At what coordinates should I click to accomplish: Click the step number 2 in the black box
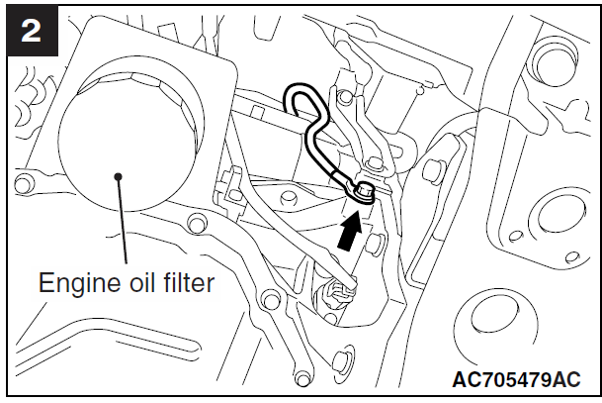pyautogui.click(x=30, y=30)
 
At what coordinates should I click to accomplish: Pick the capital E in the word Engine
pyautogui.click(x=44, y=284)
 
